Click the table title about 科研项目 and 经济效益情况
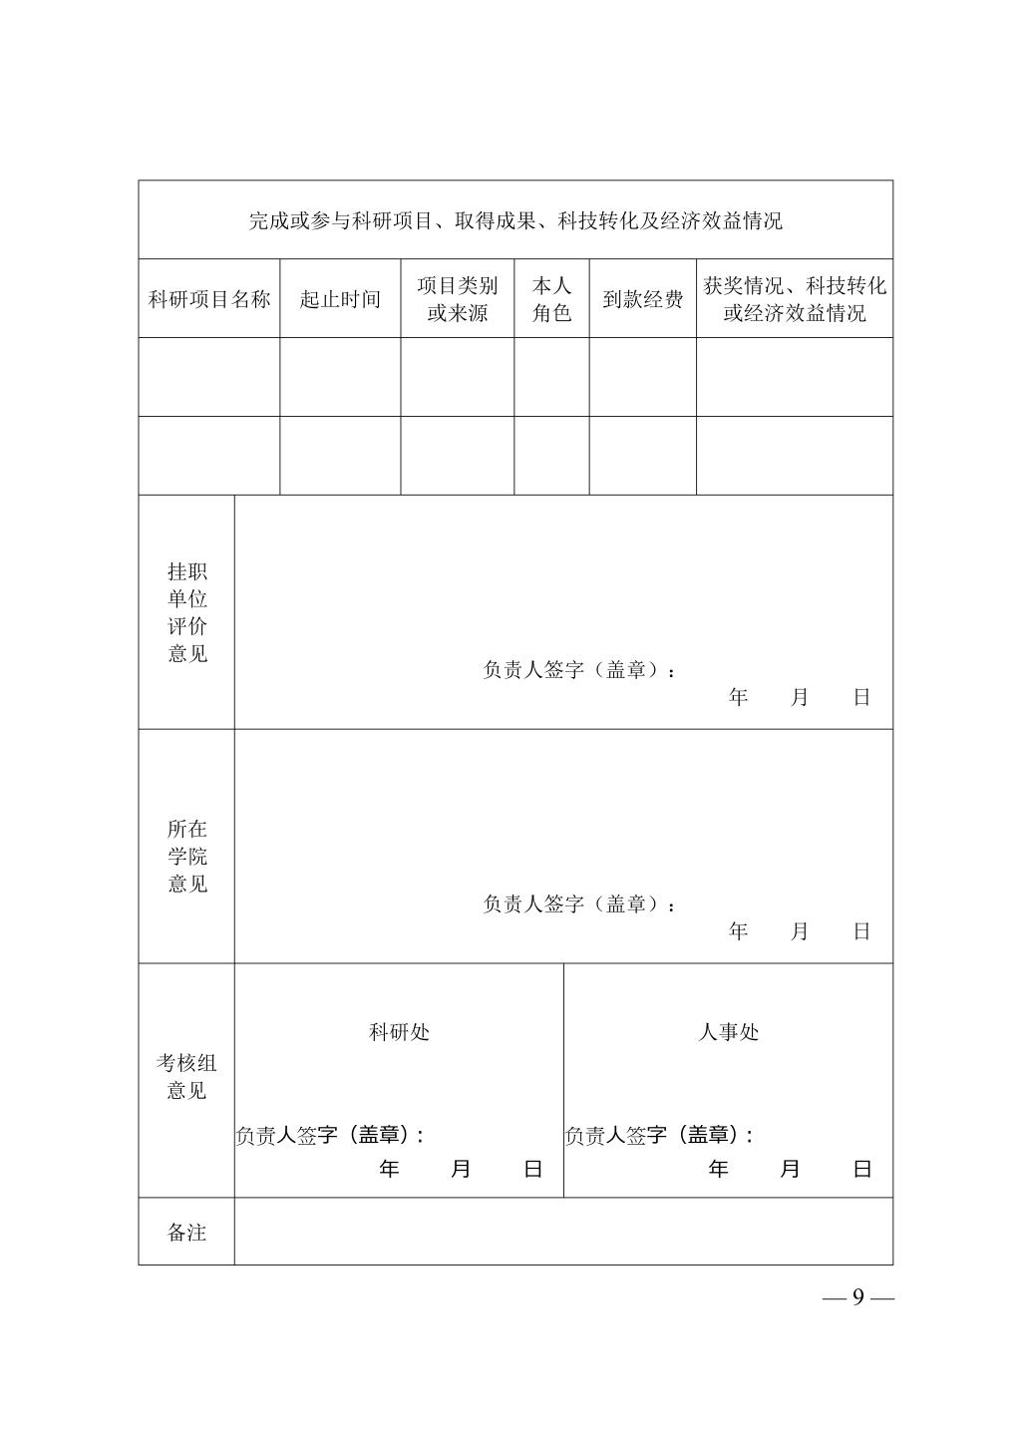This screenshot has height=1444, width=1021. coord(514,220)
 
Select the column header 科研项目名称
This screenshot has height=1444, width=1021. coord(209,299)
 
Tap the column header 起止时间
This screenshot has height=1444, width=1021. coord(340,299)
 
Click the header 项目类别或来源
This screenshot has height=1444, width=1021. coord(458,299)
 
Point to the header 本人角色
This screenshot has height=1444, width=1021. coord(551,299)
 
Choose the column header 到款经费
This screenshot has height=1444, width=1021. coord(642,299)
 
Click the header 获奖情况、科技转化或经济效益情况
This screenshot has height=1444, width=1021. coord(795,299)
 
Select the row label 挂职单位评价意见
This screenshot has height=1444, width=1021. coord(187,612)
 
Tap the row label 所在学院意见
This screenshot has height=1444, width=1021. coord(187,856)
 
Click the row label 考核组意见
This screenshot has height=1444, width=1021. coord(186,1077)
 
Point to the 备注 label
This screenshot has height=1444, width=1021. coord(186,1233)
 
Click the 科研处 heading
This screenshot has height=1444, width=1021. coord(399,1032)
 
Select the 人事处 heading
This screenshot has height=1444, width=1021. coord(728,1032)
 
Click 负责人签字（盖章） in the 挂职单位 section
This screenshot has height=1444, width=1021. coord(578,670)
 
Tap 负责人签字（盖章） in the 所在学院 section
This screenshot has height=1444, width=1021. coord(578,904)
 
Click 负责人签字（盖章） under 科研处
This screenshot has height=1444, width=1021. coord(329,1135)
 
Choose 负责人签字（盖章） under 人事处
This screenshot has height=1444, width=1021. coord(658,1135)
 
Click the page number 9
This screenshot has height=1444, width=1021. coord(857,1297)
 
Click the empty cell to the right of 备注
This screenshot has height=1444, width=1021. coord(563,1233)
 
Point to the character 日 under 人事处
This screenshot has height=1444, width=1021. coord(862,1169)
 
